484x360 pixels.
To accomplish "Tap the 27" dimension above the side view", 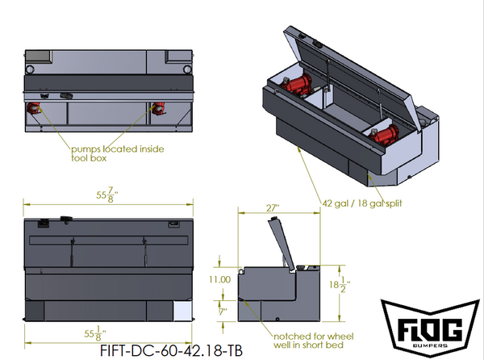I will [x=274, y=208].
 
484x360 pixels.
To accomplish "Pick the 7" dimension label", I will [x=223, y=309].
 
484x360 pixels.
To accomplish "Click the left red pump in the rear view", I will [x=35, y=109].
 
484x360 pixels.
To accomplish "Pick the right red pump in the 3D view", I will [x=386, y=136].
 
